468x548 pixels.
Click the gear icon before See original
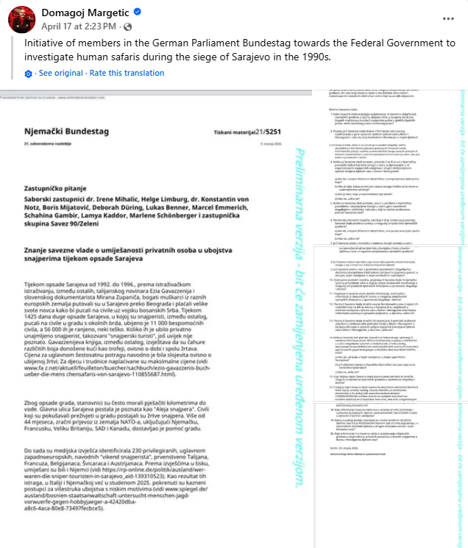click(28, 74)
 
